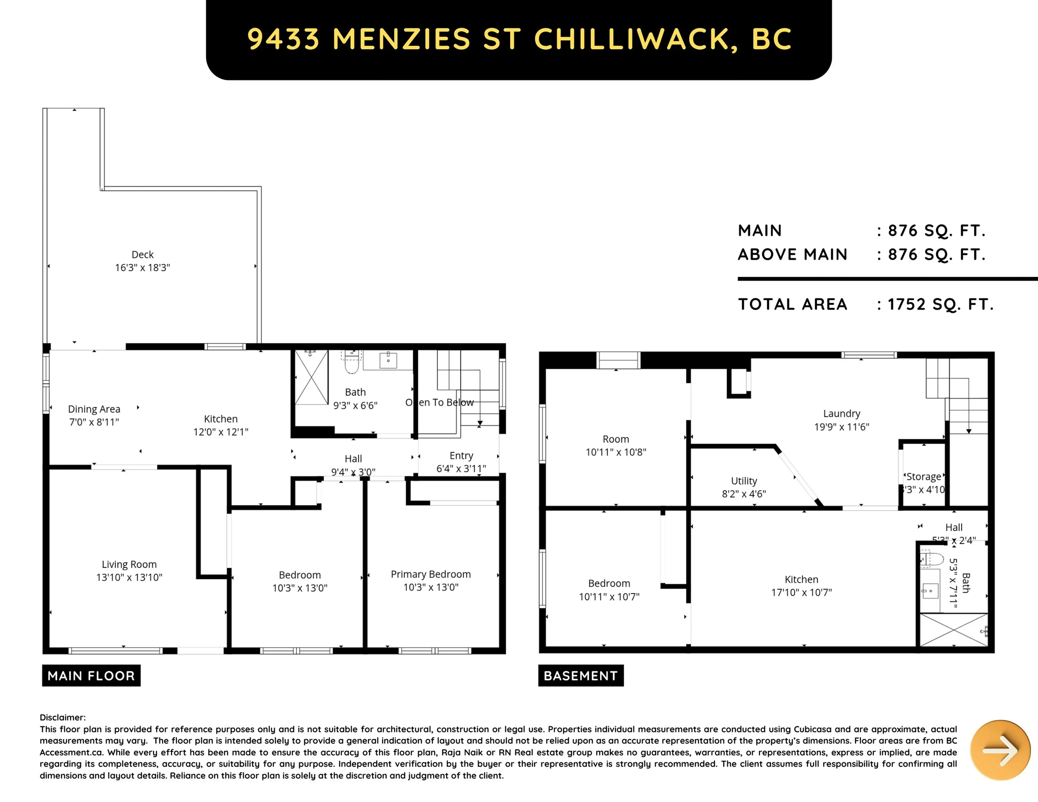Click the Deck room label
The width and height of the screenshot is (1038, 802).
(142, 255)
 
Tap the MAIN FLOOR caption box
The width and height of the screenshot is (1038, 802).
(91, 676)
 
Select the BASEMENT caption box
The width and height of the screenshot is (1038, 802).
(581, 676)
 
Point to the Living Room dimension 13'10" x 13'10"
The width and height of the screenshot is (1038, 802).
(129, 577)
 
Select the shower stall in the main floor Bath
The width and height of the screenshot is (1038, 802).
(311, 378)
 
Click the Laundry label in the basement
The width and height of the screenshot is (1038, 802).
(842, 413)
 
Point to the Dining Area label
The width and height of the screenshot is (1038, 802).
(94, 409)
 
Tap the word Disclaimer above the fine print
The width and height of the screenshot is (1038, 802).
(62, 717)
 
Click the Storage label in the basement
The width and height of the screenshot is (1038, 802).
(923, 477)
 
